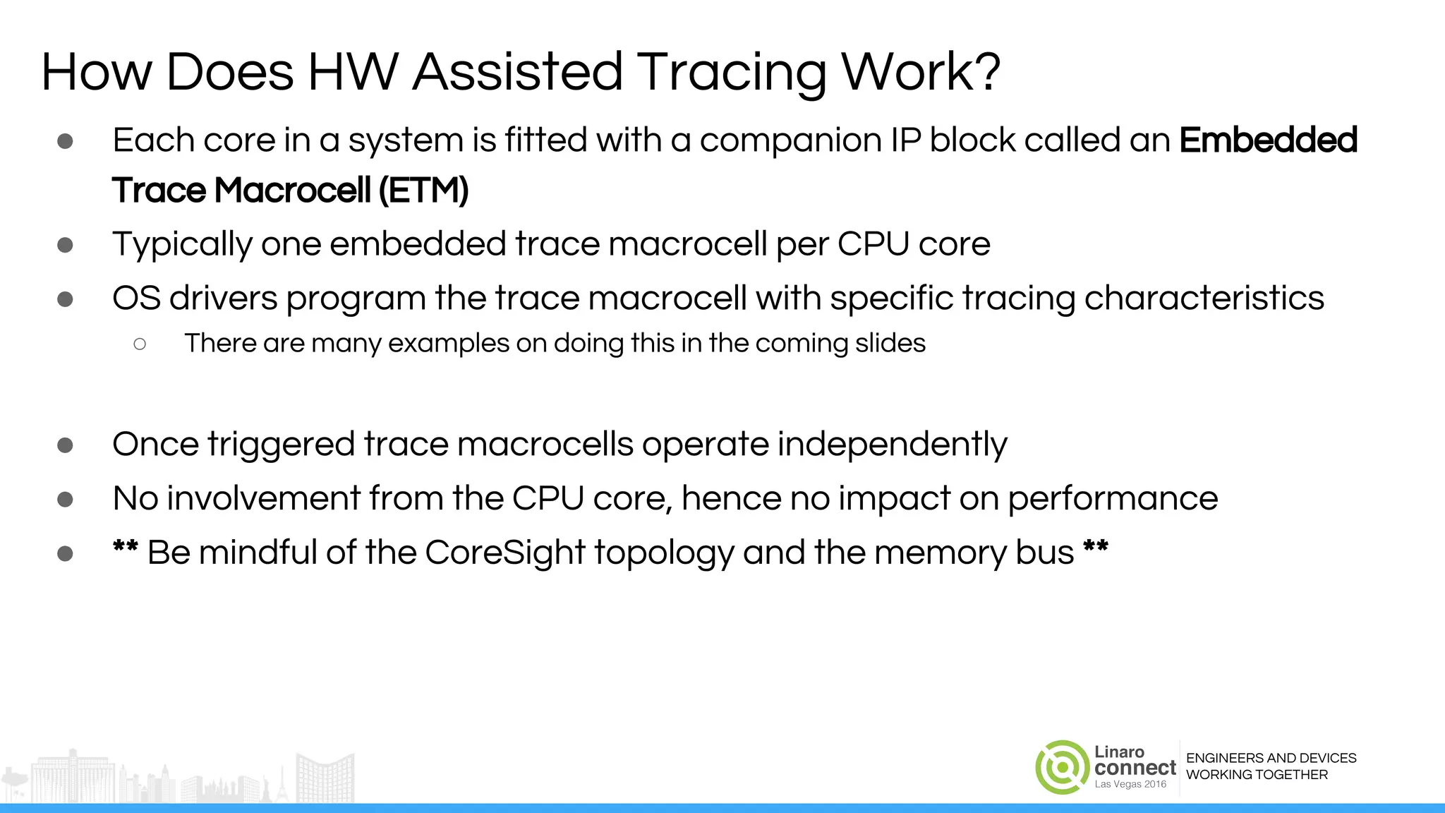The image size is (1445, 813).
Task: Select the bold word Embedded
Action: [x=1268, y=140]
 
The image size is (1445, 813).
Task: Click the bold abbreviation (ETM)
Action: [x=423, y=191]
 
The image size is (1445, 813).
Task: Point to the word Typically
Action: [x=182, y=244]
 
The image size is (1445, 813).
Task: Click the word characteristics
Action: [x=1204, y=298]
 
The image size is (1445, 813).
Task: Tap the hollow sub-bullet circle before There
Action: [x=140, y=344]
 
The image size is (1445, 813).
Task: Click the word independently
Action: [x=892, y=445]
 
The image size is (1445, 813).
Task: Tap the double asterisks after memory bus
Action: [x=1096, y=548]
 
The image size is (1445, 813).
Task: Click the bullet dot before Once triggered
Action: [x=65, y=445]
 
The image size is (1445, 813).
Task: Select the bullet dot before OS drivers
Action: [x=65, y=299]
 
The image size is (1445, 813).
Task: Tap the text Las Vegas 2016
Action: [x=1130, y=785]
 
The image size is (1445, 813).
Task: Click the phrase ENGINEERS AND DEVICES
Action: [x=1271, y=758]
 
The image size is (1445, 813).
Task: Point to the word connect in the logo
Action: [x=1135, y=768]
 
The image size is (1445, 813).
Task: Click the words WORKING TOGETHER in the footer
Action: [x=1257, y=775]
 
